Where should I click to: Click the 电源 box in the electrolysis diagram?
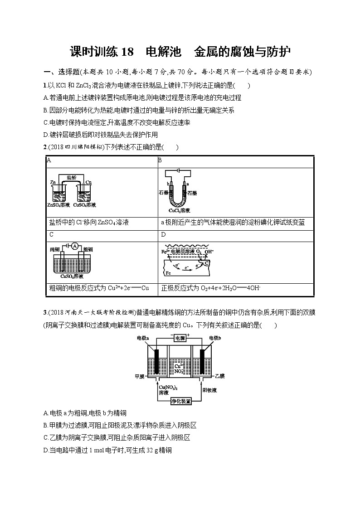pos(180,338)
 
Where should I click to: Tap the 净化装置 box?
pos(181,401)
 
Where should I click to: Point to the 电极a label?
pos(143,338)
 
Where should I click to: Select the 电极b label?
pos(215,338)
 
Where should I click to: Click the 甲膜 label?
pos(140,377)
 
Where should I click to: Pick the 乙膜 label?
pos(220,376)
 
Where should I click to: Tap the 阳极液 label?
pos(210,390)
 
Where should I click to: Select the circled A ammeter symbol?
pos(74,247)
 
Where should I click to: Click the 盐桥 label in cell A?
pos(72,178)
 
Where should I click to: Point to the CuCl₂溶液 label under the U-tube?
pos(179,211)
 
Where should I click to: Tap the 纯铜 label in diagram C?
pos(55,249)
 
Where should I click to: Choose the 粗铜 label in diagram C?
pos(88,249)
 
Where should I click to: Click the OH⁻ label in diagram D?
pos(209,252)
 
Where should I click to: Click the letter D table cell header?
pos(163,234)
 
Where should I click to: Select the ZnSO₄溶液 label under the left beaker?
pos(58,205)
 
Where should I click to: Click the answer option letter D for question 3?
pos(46,450)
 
